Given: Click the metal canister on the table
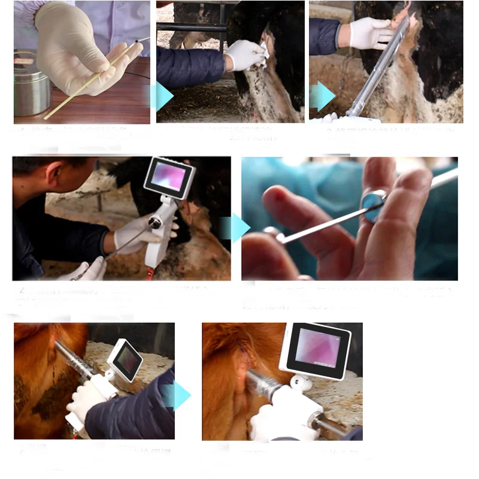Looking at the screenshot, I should click(32, 84).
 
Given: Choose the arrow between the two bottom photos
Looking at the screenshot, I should click(179, 396).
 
